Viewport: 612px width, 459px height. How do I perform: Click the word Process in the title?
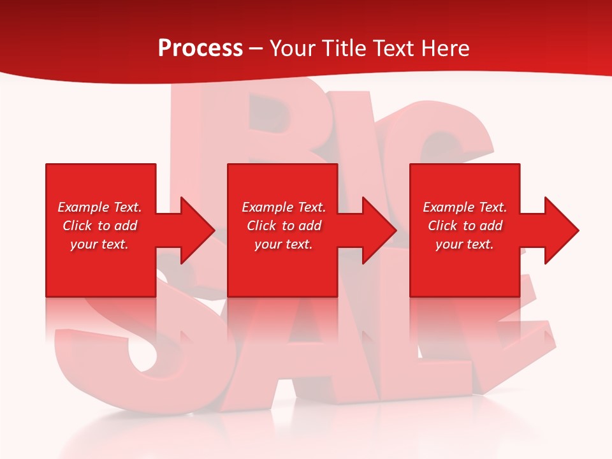coord(200,48)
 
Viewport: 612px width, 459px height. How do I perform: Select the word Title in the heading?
coord(342,48)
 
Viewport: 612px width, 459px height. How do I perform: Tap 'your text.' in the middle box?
coord(283,244)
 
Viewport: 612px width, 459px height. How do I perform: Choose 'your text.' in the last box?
coord(464,244)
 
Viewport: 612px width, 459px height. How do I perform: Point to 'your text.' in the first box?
coord(99,244)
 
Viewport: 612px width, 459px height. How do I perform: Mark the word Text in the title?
coord(394,48)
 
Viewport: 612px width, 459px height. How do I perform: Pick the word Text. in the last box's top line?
coord(492,207)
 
